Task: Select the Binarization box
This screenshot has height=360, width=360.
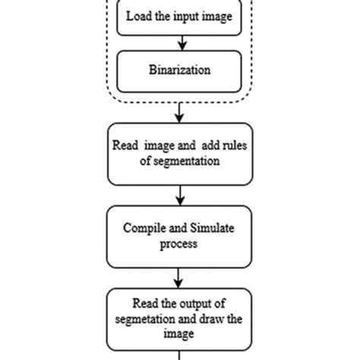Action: [x=180, y=70]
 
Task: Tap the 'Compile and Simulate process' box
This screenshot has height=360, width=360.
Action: [x=180, y=236]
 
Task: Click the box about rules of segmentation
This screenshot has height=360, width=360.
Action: [x=180, y=154]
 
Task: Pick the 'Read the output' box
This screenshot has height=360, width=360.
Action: [x=180, y=318]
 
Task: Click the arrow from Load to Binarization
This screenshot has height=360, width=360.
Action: [x=180, y=43]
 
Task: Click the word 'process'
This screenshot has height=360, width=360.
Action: [x=179, y=244]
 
